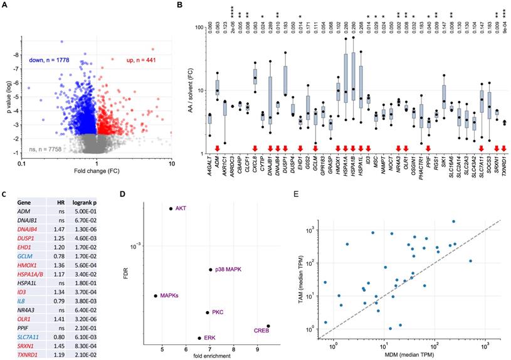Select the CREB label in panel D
point(261,330)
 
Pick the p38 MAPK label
point(229,270)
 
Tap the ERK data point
point(200,338)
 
